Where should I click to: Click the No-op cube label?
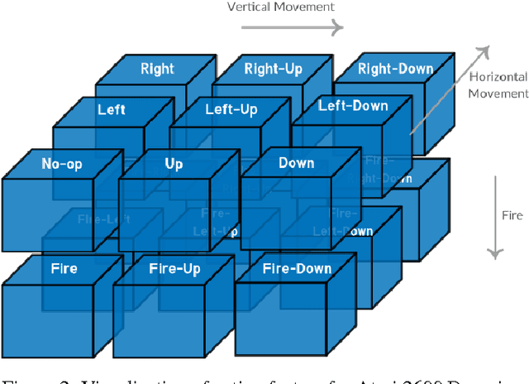tap(59, 164)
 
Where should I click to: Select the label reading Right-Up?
tap(272, 69)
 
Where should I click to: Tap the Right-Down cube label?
tap(395, 69)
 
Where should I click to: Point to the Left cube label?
tap(112, 109)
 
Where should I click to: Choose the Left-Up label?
tap(231, 109)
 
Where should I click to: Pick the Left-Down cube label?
tap(353, 107)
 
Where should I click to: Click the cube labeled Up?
tap(174, 164)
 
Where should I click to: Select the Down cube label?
tap(296, 163)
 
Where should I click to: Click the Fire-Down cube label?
tap(297, 268)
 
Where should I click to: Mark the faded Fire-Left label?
tap(103, 219)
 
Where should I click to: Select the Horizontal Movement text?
tap(498, 84)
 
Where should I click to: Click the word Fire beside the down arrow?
tap(512, 215)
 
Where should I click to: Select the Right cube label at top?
tap(157, 69)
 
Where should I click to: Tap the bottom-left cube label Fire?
tap(64, 268)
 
